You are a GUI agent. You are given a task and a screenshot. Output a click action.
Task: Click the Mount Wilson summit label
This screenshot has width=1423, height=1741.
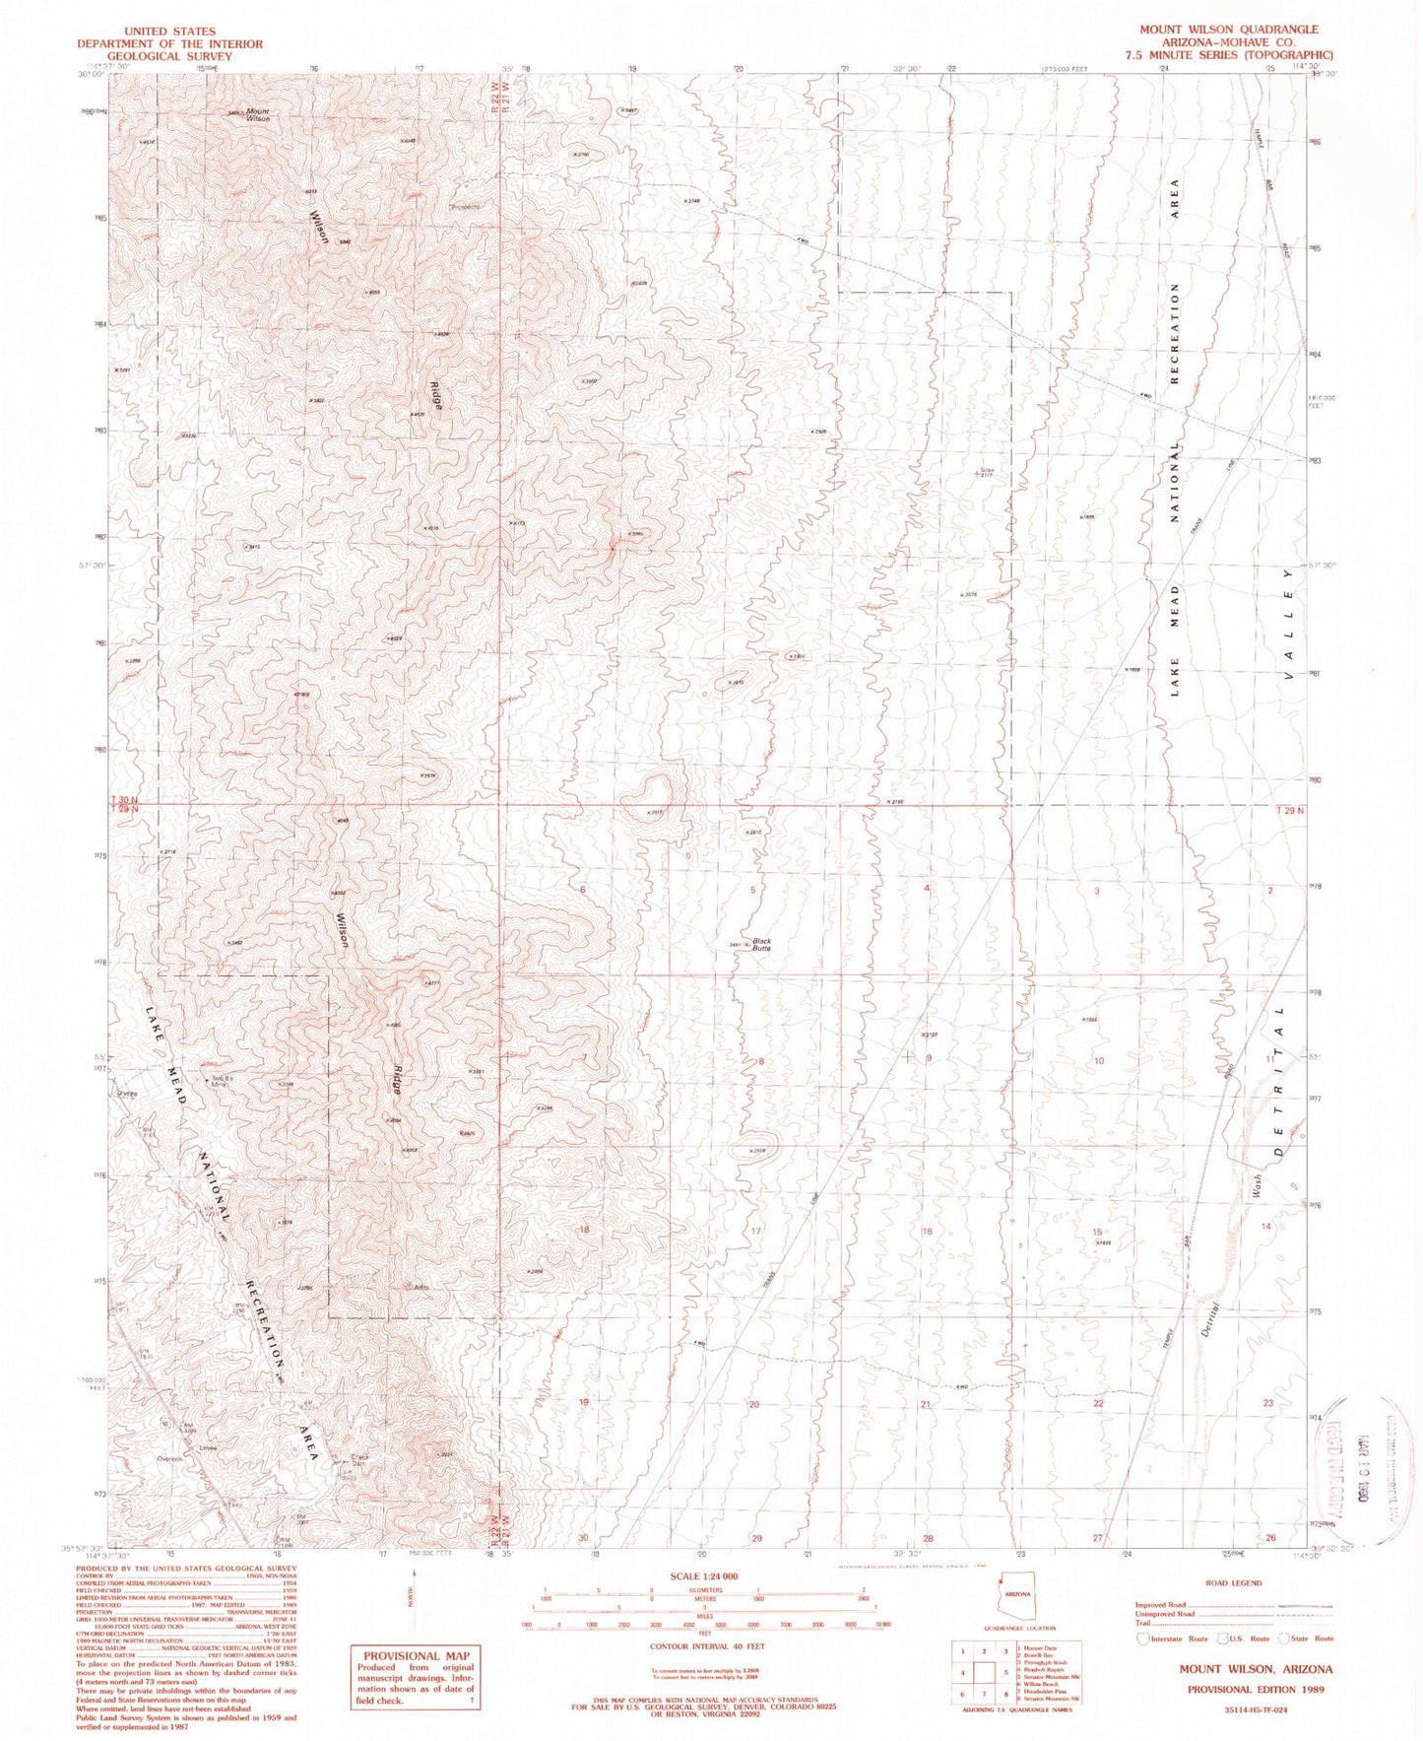[257, 115]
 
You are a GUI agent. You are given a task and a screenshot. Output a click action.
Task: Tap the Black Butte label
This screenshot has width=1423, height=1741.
[761, 944]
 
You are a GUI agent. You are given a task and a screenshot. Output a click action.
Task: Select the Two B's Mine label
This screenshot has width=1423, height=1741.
[221, 1078]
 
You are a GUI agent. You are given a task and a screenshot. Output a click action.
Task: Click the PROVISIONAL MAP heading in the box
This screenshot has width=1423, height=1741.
[417, 1656]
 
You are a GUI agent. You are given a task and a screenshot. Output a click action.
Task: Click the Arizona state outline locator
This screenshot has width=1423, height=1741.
[1017, 1595]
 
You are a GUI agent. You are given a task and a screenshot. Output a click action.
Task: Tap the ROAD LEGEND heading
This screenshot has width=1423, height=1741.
[1232, 1583]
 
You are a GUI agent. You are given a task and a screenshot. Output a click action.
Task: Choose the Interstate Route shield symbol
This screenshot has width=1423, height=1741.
[1142, 1639]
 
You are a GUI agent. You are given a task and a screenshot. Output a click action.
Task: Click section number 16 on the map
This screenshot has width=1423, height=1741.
[927, 1232]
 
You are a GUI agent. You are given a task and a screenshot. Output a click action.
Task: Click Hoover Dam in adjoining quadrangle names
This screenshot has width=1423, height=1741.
[1035, 1646]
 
